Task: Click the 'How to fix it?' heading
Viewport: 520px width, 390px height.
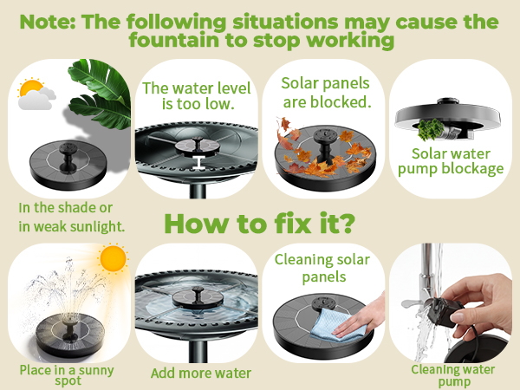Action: (259, 224)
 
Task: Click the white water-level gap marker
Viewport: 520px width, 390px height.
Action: (198, 162)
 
